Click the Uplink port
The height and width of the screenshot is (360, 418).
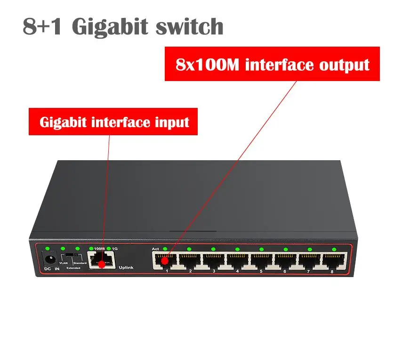point(103,260)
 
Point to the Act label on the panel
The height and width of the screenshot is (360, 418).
point(156,249)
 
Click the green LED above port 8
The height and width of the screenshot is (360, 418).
point(334,249)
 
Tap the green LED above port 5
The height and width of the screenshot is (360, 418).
point(261,249)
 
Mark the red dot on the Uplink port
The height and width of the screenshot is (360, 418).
point(100,263)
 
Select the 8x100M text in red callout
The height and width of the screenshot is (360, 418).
point(208,64)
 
